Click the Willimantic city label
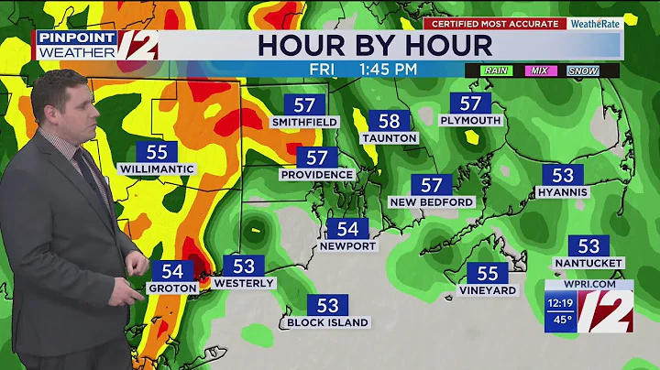click(157, 169)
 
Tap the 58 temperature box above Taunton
click(390, 121)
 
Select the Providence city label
click(317, 174)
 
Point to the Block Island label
click(327, 322)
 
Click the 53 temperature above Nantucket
click(588, 245)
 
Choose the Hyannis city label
click(563, 192)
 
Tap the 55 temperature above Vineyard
click(488, 273)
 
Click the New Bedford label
click(432, 201)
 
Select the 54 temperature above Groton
click(172, 271)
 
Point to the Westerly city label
click(244, 283)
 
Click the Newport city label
click(347, 245)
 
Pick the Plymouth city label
click(470, 120)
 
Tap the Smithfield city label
click(305, 121)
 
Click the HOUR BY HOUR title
click(375, 45)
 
